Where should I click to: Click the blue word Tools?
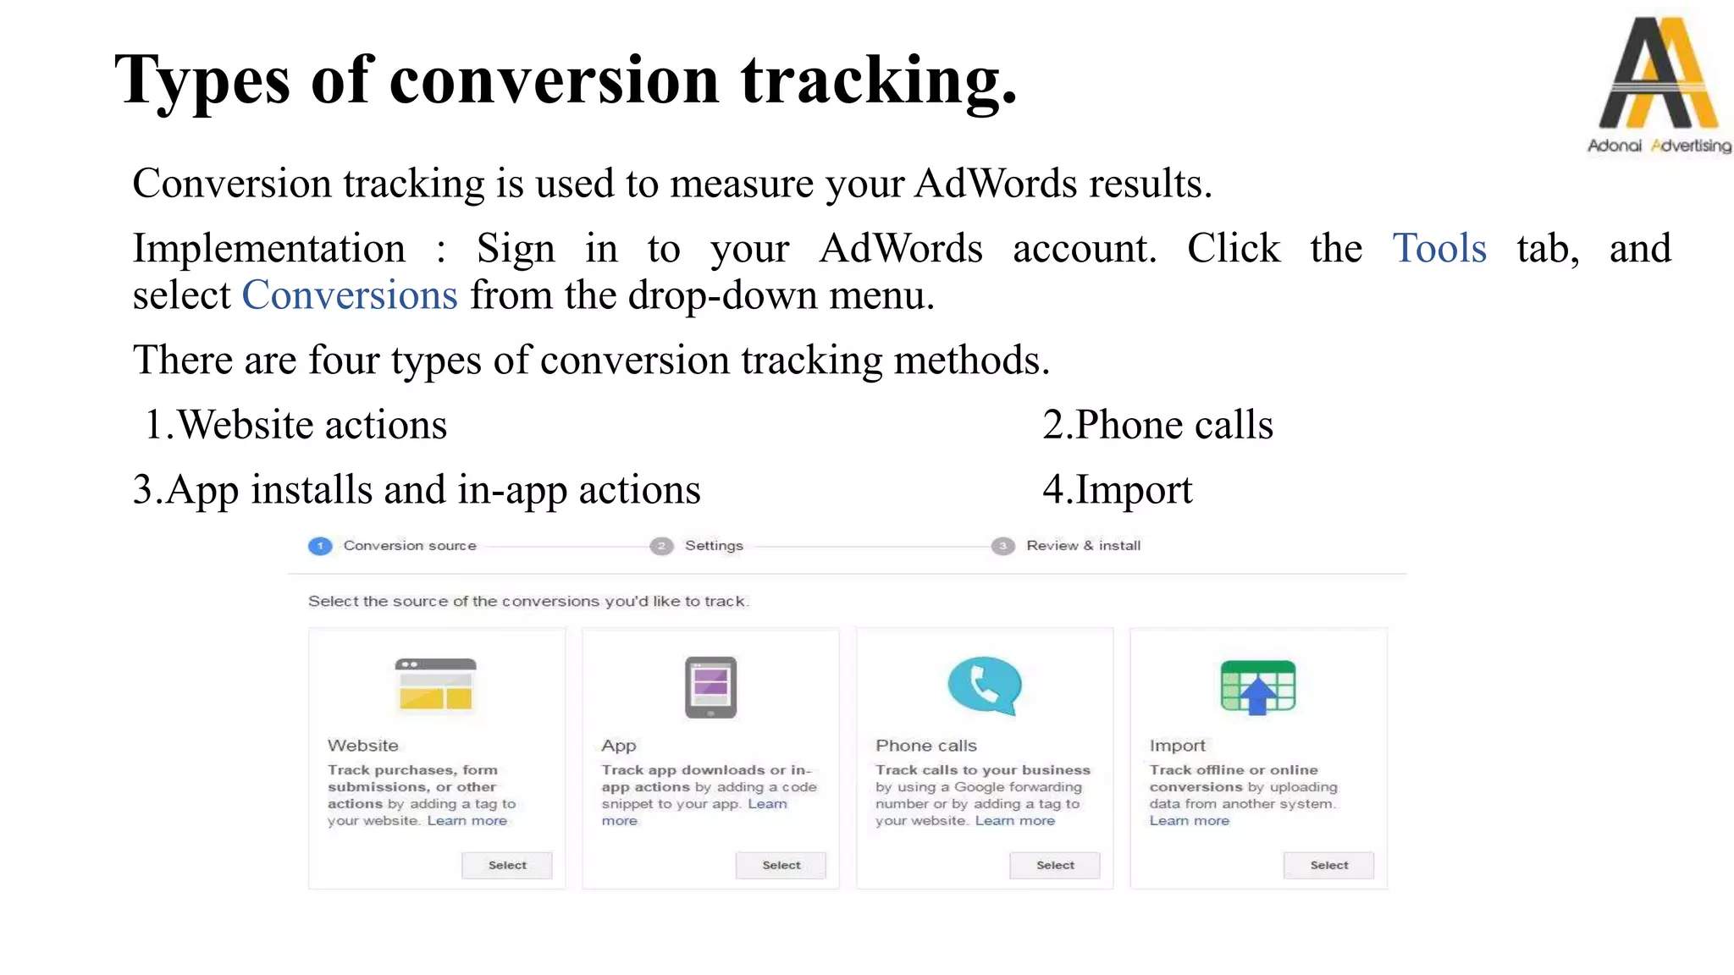tap(1439, 249)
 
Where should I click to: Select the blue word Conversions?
tap(350, 295)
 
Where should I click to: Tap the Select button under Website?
tap(507, 865)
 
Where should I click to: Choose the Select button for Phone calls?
tap(1055, 865)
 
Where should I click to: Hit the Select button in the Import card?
tap(1328, 865)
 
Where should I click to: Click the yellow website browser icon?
tap(436, 685)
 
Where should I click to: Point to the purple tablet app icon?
tap(710, 686)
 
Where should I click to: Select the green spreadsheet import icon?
tap(1258, 686)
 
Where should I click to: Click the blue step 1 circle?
tap(320, 546)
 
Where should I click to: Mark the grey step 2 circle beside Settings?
tap(661, 546)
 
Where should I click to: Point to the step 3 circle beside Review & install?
tap(1003, 546)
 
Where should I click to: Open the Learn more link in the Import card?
tap(1189, 821)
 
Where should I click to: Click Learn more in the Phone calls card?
tap(1014, 821)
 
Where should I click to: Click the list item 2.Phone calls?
tap(1157, 425)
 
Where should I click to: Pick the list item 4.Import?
tap(1117, 490)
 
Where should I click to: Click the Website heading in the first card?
tap(363, 746)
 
